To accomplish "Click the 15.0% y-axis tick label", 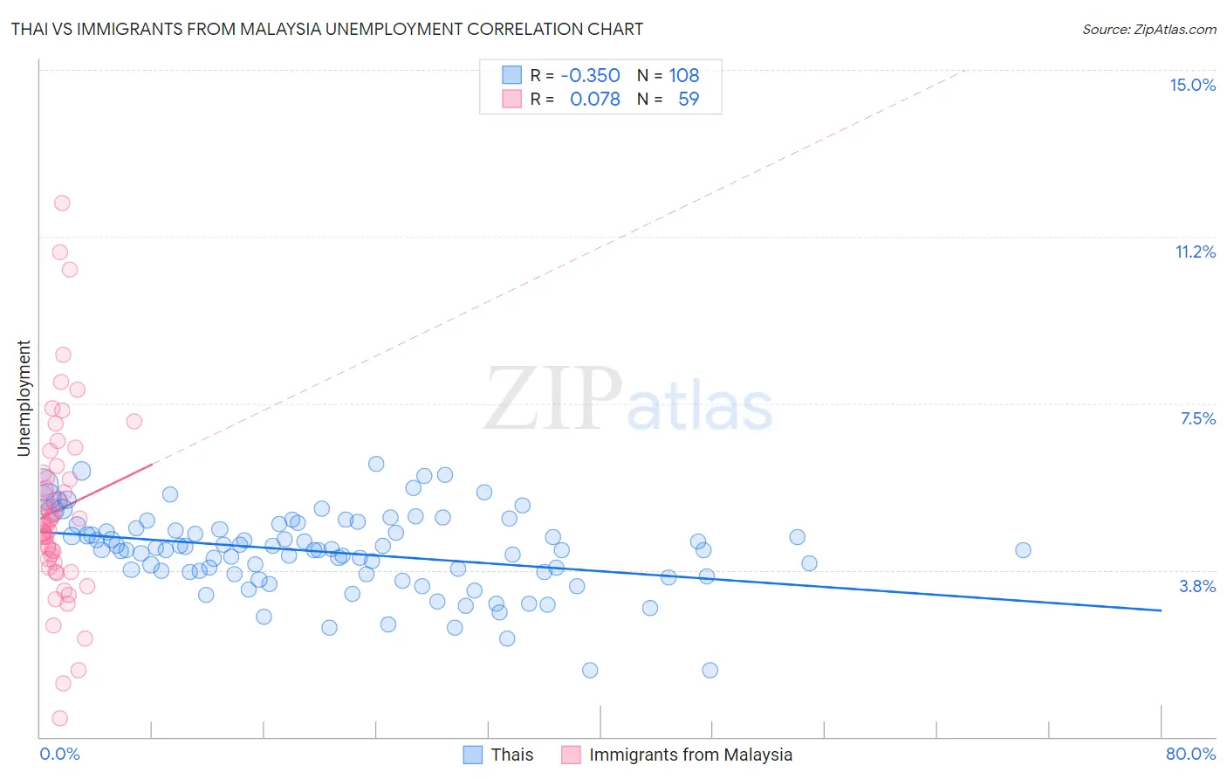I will point(1192,85).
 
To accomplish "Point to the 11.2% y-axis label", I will point(1195,252).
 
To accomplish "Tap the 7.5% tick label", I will point(1197,418).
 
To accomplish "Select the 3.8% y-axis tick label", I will point(1197,586).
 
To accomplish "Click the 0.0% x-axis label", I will point(59,754).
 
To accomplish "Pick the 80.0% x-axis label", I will point(1190,754).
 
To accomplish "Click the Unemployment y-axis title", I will point(24,398).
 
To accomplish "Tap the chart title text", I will point(327,29).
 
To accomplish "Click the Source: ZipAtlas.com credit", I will point(1148,30).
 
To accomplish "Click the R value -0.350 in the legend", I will point(590,76).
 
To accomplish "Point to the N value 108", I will point(684,76).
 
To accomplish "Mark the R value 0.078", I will point(594,99).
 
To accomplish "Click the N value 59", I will point(689,99).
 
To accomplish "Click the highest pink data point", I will point(62,203).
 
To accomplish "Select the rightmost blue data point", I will point(1023,550).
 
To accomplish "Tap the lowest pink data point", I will point(59,718).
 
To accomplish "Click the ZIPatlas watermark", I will point(628,400).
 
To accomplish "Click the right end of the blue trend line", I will point(1161,610).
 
